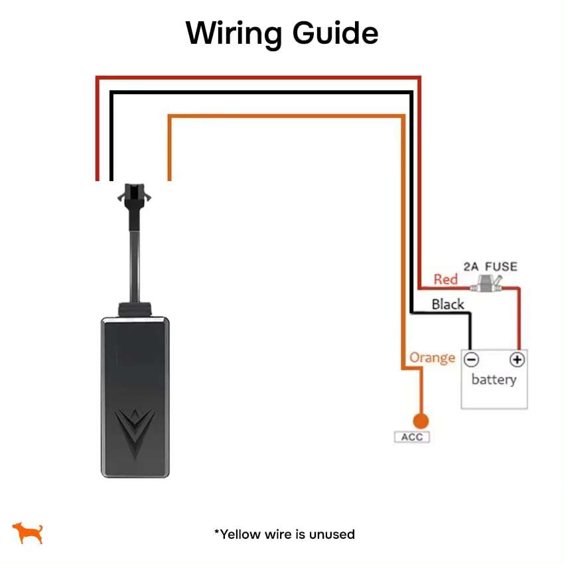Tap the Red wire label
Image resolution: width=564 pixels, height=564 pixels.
tap(445, 279)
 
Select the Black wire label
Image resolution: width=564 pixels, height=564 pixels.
tap(448, 305)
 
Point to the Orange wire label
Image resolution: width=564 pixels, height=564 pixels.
tap(432, 358)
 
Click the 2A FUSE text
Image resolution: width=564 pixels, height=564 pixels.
tap(490, 267)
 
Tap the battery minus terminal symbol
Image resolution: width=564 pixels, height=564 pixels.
tap(471, 360)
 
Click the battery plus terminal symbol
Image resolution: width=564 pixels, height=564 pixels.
tap(517, 360)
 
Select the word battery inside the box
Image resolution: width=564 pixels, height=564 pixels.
tap(494, 380)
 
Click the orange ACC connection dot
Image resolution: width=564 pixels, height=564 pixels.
tap(419, 421)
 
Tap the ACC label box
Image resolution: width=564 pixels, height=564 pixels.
tap(411, 437)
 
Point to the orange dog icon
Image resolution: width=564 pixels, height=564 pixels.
tap(28, 532)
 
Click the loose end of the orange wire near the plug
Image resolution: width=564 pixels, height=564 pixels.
tap(169, 176)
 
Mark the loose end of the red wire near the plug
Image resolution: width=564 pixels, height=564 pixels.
tap(98, 176)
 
